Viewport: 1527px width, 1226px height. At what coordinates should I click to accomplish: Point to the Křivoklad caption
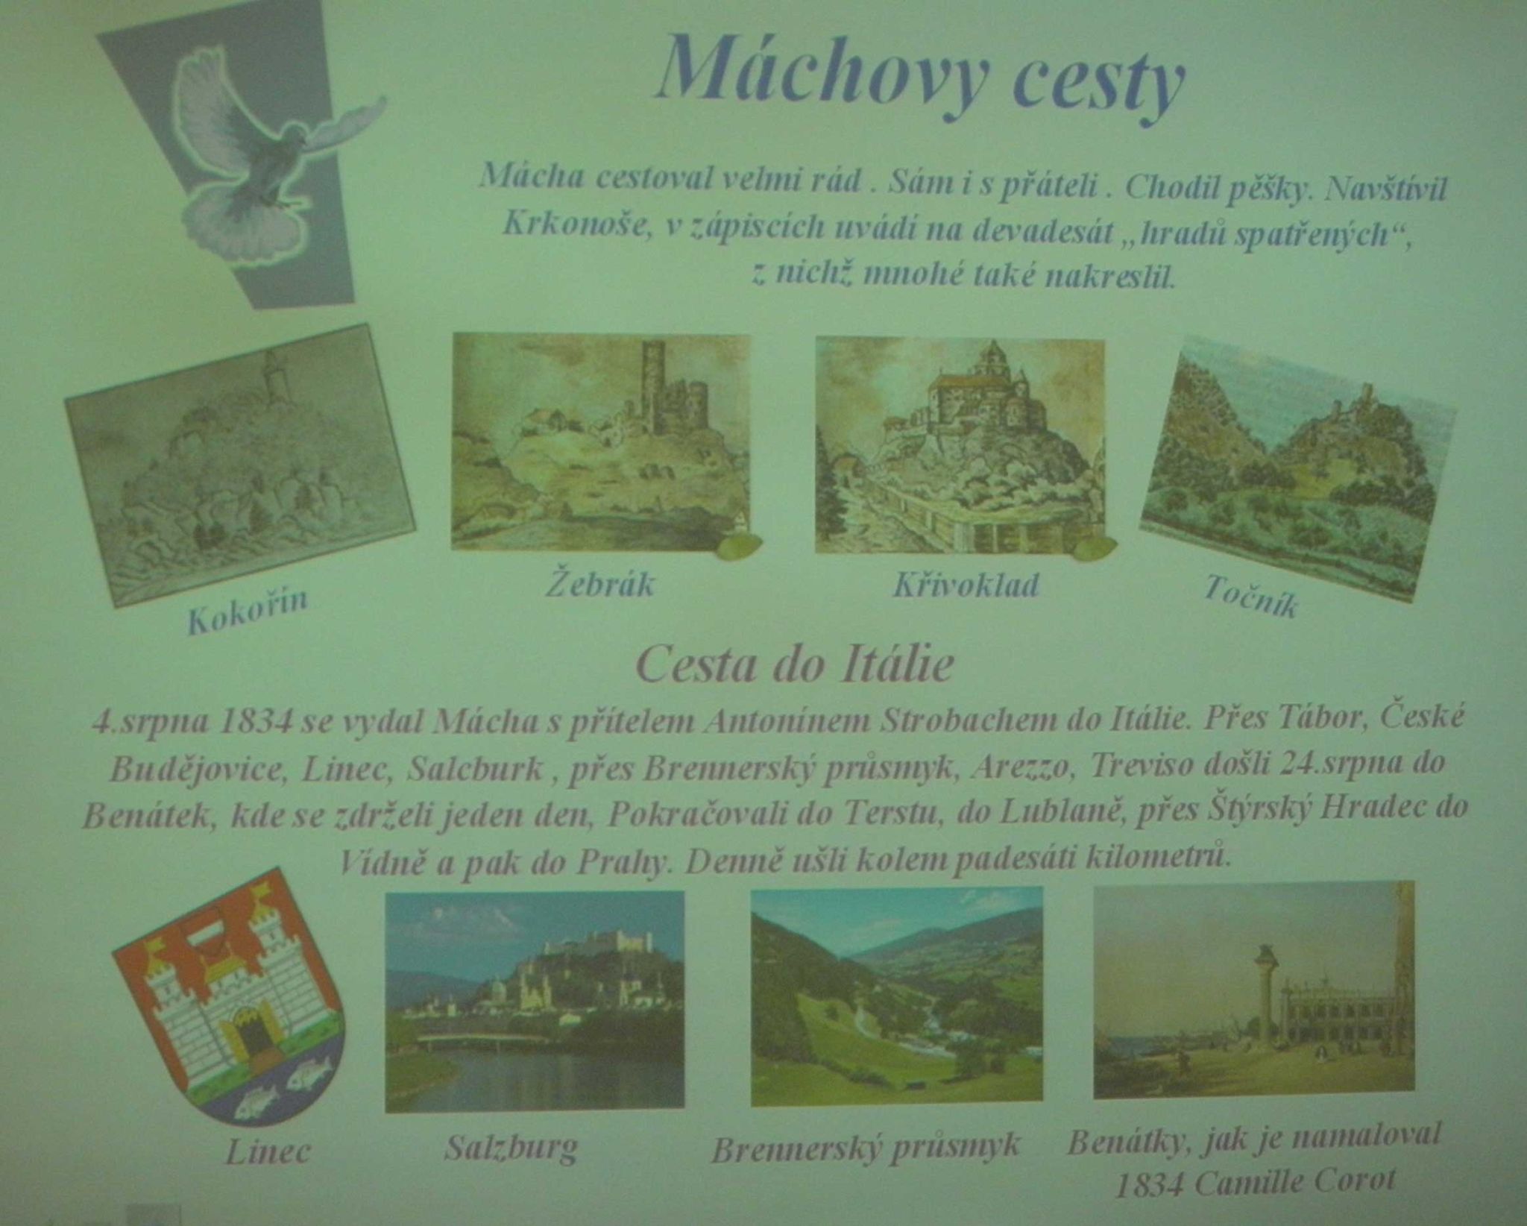pos(966,584)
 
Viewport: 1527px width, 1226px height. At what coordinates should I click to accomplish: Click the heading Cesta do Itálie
pos(795,664)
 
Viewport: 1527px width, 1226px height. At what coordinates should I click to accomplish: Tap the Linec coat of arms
pos(228,996)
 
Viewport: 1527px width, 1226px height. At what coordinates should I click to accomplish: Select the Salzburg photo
pos(535,1001)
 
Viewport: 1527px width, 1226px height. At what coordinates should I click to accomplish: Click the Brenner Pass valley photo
pos(897,996)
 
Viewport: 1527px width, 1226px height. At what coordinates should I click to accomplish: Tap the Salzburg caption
pos(511,1148)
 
